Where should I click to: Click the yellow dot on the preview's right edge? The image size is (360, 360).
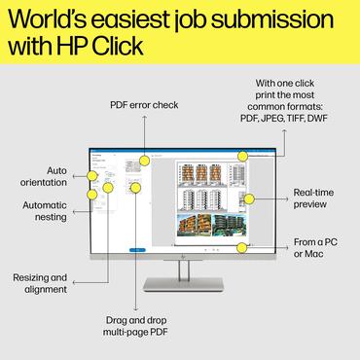pos(249,198)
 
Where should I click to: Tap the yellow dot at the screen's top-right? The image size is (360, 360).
pos(242,155)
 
